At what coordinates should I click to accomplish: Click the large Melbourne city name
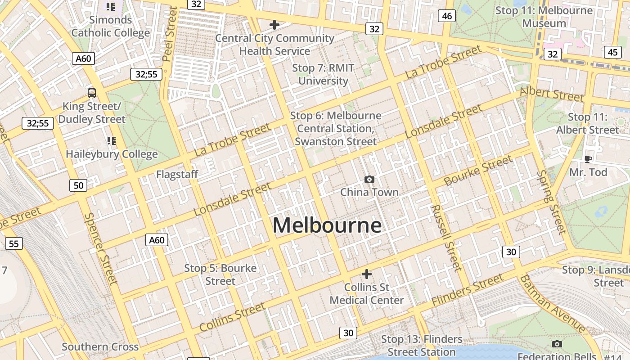click(327, 225)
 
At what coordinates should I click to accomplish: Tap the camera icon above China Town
click(369, 180)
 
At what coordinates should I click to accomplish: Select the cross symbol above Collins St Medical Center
click(367, 274)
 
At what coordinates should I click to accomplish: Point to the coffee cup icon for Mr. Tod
click(588, 158)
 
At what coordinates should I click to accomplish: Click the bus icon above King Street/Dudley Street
click(92, 93)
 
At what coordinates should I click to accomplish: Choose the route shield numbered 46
click(447, 16)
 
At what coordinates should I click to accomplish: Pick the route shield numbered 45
click(612, 52)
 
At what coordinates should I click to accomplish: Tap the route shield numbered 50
click(78, 185)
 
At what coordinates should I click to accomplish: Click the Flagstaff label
click(177, 175)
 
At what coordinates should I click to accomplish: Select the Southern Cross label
click(100, 347)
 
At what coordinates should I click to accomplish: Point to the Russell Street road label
click(446, 238)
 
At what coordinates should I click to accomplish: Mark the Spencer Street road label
click(100, 248)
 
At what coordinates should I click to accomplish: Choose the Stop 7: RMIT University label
click(323, 75)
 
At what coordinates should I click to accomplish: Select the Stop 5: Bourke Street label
click(220, 274)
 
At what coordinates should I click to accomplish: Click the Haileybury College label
click(112, 154)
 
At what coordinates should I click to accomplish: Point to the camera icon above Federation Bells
click(557, 344)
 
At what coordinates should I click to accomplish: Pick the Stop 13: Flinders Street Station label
click(422, 346)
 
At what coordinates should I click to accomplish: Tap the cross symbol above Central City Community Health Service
click(274, 25)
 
